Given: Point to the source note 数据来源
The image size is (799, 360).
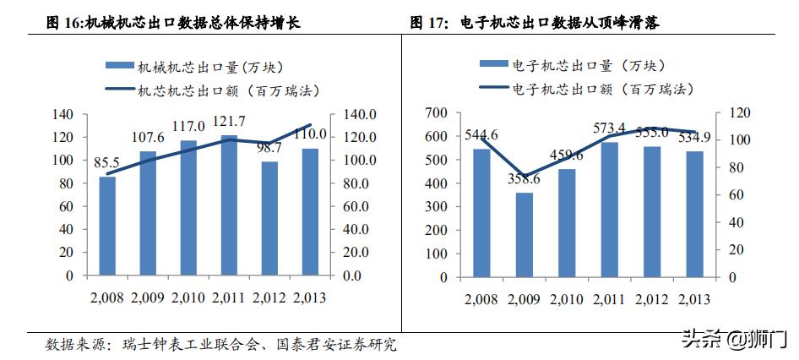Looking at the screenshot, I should [72, 345].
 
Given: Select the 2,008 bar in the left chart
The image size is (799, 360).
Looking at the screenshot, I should [107, 226].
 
